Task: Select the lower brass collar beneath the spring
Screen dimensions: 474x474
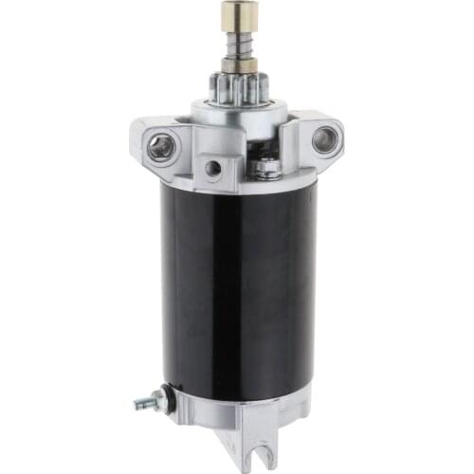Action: (x=235, y=64)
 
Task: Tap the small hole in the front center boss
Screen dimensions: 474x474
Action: (x=214, y=168)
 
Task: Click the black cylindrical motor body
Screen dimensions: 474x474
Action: (x=237, y=284)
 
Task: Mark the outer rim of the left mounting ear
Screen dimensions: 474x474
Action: (x=142, y=142)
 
